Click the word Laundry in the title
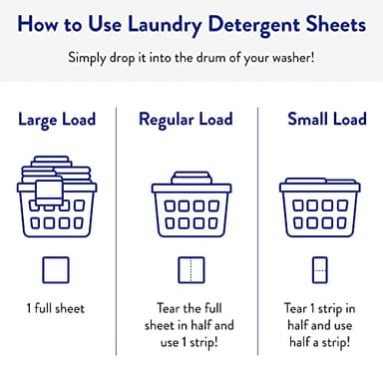click(x=169, y=23)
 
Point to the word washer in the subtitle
click(x=290, y=56)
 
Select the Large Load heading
click(x=56, y=121)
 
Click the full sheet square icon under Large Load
click(x=56, y=269)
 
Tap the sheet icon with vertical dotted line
click(x=189, y=269)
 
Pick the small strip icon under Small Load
click(x=320, y=269)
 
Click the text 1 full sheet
click(x=56, y=308)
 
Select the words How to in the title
click(x=58, y=23)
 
